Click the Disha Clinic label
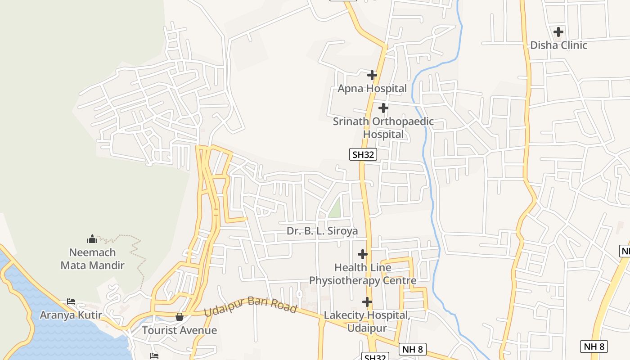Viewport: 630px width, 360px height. coord(558,45)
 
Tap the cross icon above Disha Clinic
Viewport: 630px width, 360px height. coord(558,32)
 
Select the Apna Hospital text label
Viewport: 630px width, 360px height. coord(372,88)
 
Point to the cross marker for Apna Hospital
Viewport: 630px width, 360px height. coord(372,75)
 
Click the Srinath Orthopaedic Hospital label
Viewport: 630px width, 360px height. coord(383,128)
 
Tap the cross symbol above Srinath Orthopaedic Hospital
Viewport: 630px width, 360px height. coord(383,108)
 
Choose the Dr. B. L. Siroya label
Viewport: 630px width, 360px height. coord(322,231)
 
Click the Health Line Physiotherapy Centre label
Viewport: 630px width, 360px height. coord(363,274)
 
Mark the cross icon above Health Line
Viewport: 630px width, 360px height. coord(363,254)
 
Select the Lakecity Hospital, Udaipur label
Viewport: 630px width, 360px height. coord(367,321)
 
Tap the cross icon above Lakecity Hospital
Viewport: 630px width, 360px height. coord(367,301)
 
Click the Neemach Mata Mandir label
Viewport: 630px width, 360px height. coord(92,259)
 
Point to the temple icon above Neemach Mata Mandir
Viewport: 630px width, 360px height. coord(92,238)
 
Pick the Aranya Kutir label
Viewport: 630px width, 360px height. coord(71,315)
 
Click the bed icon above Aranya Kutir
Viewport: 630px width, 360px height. coord(71,301)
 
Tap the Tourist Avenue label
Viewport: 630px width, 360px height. coord(180,330)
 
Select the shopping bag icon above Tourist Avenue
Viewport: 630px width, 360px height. coord(180,317)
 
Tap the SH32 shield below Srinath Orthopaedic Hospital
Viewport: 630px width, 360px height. coord(363,155)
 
